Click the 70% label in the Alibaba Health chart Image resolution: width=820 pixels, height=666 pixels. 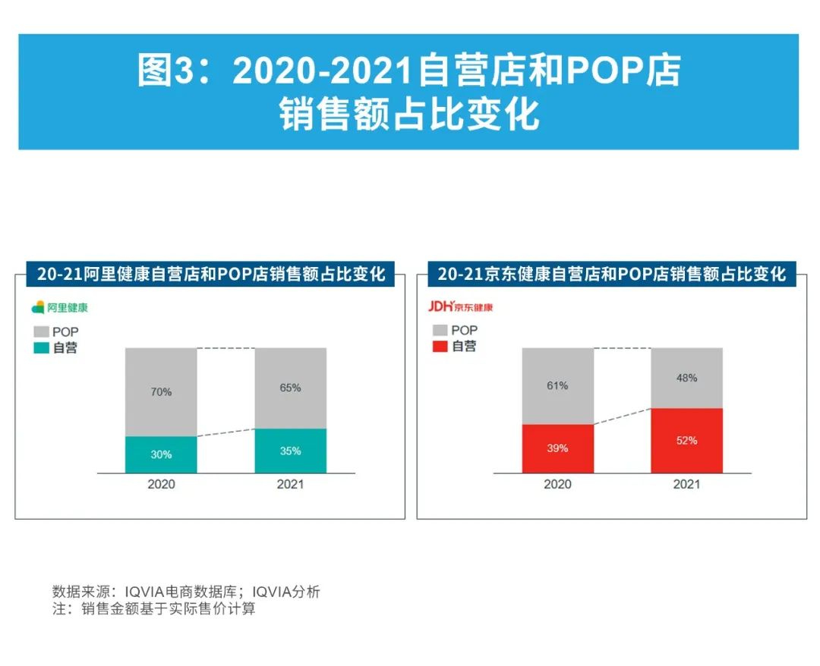coord(161,392)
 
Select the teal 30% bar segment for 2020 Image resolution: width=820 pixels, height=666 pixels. coord(161,454)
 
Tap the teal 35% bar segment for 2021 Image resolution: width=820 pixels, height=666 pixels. coord(290,451)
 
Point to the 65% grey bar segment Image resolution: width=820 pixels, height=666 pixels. coord(290,388)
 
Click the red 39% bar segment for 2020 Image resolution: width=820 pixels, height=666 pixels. coord(557,448)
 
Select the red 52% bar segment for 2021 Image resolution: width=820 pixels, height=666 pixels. coord(686,441)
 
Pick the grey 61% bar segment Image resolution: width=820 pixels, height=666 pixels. coord(557,385)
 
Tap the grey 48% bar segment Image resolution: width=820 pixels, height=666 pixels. coord(686,378)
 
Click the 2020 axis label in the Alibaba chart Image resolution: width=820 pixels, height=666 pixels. coord(161,484)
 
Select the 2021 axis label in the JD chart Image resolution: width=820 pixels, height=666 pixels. coord(686,484)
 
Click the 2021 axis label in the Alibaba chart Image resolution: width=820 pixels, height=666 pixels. coord(290,484)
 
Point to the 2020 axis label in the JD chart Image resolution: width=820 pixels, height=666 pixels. coord(557,484)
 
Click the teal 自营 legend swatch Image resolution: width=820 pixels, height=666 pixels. coord(40,348)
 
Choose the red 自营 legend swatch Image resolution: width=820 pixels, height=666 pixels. coord(440,347)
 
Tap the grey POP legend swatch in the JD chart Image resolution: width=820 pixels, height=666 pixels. coord(440,330)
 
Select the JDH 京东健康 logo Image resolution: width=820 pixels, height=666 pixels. coord(460,306)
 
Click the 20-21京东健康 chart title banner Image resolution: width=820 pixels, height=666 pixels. coord(611,274)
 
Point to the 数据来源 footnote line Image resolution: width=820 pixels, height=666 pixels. coord(186,592)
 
